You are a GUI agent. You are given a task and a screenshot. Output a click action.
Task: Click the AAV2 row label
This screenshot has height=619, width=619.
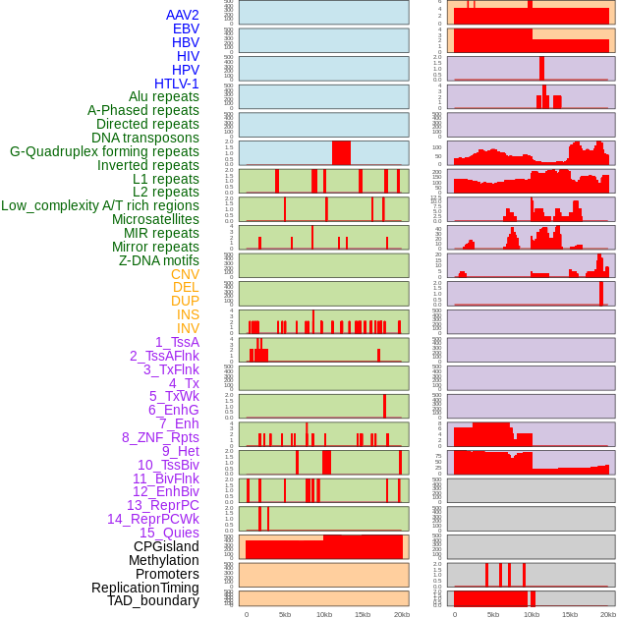click(182, 15)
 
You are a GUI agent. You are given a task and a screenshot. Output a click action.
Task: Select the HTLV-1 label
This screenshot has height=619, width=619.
click(176, 84)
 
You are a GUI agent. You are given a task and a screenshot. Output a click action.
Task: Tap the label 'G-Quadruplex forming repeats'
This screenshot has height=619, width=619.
click(104, 151)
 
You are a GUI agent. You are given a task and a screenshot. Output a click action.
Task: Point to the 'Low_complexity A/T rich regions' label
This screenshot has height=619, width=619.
click(100, 205)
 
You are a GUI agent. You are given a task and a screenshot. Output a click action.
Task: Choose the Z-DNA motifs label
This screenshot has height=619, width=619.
click(158, 260)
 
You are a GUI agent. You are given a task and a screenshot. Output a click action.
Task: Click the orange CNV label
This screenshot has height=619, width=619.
click(185, 274)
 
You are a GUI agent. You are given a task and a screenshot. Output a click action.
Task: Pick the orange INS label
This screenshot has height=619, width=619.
click(188, 314)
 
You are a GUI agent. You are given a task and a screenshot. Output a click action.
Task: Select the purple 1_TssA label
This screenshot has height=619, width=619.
click(177, 342)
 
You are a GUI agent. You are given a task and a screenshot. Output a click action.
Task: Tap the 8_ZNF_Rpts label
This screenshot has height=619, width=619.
click(160, 437)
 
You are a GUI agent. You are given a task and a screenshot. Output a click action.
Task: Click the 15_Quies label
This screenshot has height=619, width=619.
click(169, 533)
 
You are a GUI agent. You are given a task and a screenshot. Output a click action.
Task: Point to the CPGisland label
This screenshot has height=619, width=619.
click(166, 546)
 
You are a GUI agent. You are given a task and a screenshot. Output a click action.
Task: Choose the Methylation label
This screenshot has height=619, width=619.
click(163, 560)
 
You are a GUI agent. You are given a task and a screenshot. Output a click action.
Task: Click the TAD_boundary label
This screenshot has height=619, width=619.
click(153, 600)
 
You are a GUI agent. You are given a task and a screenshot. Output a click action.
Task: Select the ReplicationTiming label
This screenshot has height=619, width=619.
click(144, 588)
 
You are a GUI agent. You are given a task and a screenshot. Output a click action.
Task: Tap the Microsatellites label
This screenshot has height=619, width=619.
click(155, 219)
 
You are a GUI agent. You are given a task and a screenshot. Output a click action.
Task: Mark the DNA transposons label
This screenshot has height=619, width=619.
click(145, 138)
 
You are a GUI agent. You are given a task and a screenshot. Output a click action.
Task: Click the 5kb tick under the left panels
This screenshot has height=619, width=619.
click(285, 614)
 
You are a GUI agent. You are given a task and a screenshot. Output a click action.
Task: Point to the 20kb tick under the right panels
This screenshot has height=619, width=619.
click(608, 614)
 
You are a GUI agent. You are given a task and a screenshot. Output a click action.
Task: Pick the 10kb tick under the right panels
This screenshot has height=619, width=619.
click(532, 614)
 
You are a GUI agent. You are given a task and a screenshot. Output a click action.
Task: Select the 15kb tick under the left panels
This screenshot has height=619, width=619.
click(362, 614)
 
